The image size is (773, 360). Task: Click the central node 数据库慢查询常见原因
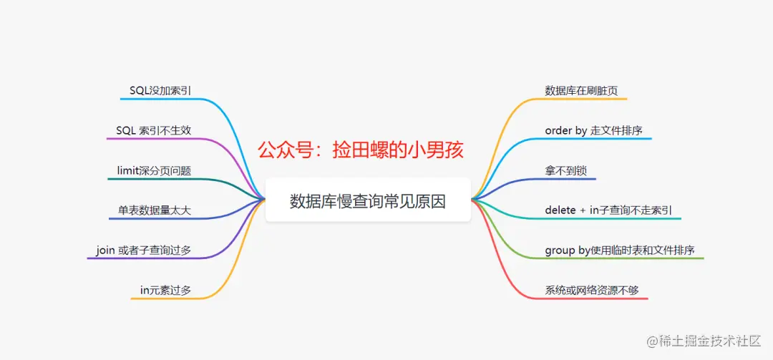coord(368,201)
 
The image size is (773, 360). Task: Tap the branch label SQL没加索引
coord(160,90)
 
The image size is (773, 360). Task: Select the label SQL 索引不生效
coord(154,130)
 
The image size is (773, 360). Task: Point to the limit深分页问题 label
coord(154,170)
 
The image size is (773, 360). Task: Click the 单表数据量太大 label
coord(155,210)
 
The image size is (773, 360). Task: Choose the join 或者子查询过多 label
coord(143,250)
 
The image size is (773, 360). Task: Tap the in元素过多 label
coord(165,290)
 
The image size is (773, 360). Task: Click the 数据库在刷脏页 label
coord(581,90)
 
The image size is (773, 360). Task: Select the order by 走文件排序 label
coord(593,130)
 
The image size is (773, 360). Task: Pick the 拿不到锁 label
coord(565,170)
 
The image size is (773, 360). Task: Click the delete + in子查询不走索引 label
coord(608,210)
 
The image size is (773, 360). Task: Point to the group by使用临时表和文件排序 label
coord(620,250)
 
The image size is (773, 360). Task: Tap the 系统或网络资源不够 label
coord(592,290)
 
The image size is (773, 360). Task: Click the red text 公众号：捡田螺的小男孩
coord(361,150)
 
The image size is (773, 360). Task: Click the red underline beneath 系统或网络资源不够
coord(594,298)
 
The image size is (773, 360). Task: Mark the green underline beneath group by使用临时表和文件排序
coord(623,258)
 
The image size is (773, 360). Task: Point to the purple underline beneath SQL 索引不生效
coord(154,139)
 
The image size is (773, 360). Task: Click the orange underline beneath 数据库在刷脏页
coord(583,99)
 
